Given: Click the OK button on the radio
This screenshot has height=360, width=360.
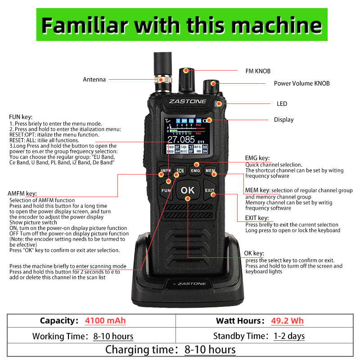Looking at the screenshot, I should [x=188, y=190].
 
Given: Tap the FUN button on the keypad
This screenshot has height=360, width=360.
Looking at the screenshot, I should [x=166, y=191].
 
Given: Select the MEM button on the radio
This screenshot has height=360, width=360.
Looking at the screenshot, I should [x=210, y=171].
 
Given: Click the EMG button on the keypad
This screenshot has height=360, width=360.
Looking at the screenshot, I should [x=195, y=171].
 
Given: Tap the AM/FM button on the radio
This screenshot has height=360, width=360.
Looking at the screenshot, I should [x=165, y=171].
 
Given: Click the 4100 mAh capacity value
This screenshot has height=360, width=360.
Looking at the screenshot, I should [x=105, y=321].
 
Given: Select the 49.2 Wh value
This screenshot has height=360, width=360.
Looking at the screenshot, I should [x=287, y=321].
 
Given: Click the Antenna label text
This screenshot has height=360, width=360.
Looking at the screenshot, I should [x=94, y=80].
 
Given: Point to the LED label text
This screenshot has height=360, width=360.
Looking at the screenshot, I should [x=282, y=104].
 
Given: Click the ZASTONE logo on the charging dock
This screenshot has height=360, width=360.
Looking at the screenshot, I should [x=189, y=284].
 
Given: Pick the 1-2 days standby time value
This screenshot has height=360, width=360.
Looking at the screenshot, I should [x=289, y=336].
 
